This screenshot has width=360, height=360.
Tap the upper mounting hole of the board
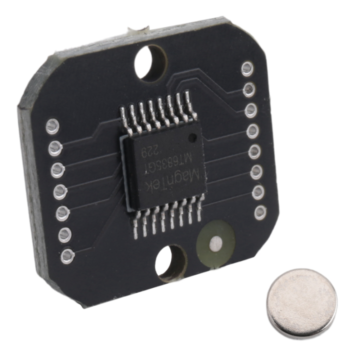(150, 62)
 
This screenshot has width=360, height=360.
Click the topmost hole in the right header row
(247, 68)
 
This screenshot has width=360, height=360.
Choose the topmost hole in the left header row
(52, 126)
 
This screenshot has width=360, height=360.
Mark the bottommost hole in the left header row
(67, 256)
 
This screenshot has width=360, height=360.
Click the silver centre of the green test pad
(215, 243)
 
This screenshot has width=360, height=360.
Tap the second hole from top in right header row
(249, 89)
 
